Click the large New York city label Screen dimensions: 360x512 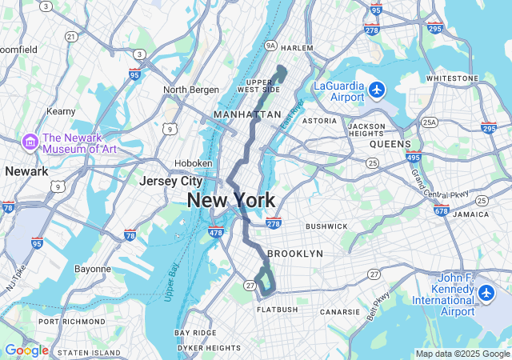pyautogui.click(x=231, y=201)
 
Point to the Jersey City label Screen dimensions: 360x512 pyautogui.click(x=170, y=181)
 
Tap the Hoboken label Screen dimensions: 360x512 pyautogui.click(x=193, y=162)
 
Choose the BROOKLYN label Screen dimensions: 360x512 pyautogui.click(x=295, y=254)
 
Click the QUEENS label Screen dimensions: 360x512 pyautogui.click(x=390, y=145)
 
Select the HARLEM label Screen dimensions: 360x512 pyautogui.click(x=297, y=48)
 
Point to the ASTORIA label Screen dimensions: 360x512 pyautogui.click(x=319, y=121)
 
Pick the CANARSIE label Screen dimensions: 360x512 pyautogui.click(x=345, y=312)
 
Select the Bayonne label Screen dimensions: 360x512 pyautogui.click(x=93, y=269)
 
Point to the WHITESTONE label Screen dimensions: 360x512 pyautogui.click(x=452, y=78)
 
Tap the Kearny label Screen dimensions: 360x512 pyautogui.click(x=61, y=111)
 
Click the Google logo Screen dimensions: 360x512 pyautogui.click(x=26, y=350)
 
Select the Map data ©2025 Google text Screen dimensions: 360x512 pyautogui.click(x=462, y=354)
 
